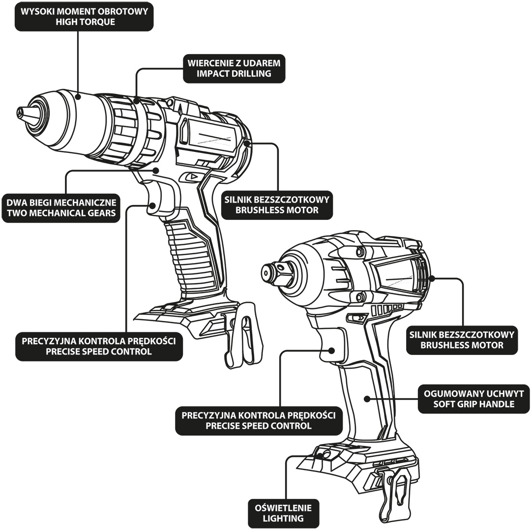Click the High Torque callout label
coord(84,16)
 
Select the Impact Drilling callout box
coord(234,68)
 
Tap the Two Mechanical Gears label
coord(61,207)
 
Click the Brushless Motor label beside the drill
coord(277,205)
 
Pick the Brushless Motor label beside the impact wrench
coord(462,340)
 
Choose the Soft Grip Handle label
coord(473,399)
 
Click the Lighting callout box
coord(283,513)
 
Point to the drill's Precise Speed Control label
coord(99,346)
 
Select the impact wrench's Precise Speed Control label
coord(259,420)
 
